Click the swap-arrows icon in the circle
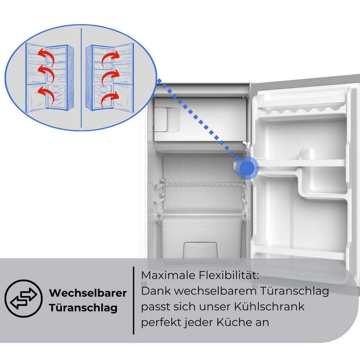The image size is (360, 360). tap(24, 298)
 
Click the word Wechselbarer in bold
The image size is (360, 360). tap(88, 293)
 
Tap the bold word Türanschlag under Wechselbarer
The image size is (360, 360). tap(83, 308)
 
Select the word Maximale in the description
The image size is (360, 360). tap(168, 275)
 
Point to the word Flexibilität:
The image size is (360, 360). tap(229, 275)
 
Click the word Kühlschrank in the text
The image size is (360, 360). tap(269, 306)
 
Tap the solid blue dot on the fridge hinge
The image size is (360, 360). tap(247, 168)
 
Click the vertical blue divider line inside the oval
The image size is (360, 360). tap(81, 78)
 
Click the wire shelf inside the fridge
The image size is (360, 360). tap(199, 184)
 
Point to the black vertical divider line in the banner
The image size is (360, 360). tap(133, 300)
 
